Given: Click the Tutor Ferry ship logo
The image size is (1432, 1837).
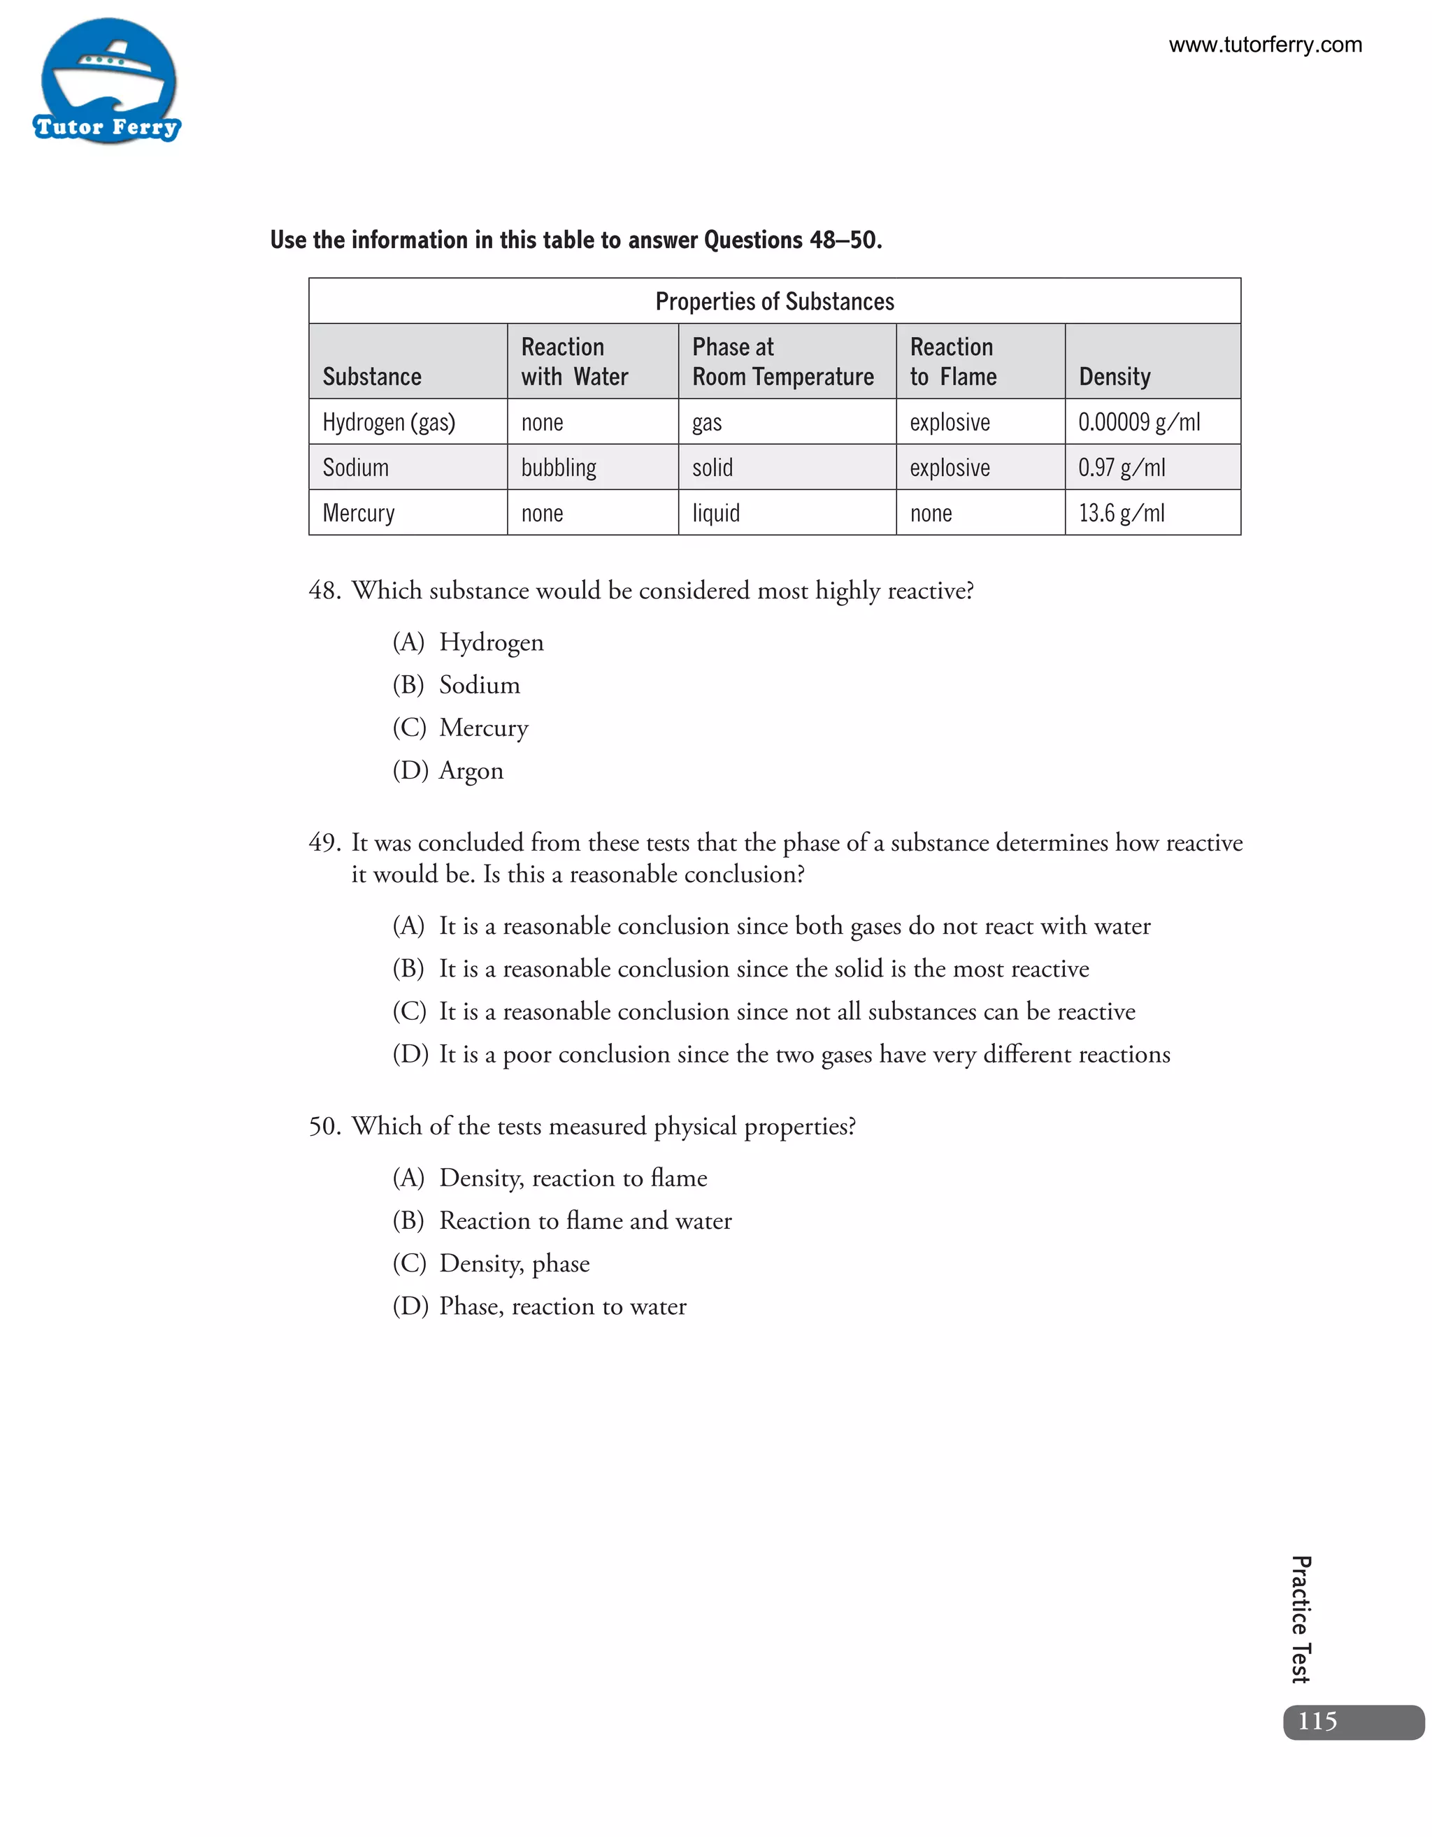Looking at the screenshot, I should tap(108, 82).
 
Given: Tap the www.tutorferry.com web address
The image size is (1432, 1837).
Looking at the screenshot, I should tap(1265, 45).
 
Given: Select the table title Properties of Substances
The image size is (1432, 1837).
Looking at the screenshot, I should tap(774, 301).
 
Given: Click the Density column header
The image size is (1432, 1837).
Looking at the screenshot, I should tap(1114, 376).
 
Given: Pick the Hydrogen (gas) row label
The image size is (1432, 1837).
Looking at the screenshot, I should tap(389, 422).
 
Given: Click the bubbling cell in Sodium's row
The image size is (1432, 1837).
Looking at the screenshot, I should tap(559, 467).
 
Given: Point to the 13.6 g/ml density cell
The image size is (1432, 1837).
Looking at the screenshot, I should tap(1122, 512).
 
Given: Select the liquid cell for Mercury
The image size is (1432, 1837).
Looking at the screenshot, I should tap(716, 512).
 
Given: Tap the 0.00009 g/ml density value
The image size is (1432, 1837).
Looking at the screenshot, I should tap(1138, 422).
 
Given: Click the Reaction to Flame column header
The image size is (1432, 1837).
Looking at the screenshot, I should tap(952, 361).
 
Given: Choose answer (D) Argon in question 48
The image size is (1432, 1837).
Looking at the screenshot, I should tap(448, 770).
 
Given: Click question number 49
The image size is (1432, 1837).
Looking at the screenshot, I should tap(324, 842).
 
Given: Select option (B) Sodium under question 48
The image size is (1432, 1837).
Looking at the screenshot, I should tap(457, 684).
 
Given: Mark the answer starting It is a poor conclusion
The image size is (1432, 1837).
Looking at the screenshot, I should tap(781, 1054).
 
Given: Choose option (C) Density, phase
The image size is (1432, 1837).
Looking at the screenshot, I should tap(492, 1262).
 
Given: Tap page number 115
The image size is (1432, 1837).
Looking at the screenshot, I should tap(1317, 1721).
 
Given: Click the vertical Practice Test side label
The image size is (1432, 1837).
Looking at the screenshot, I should tap(1301, 1619).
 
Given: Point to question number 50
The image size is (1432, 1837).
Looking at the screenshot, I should tap(324, 1125).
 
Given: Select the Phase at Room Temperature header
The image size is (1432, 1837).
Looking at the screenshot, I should tap(782, 361).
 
